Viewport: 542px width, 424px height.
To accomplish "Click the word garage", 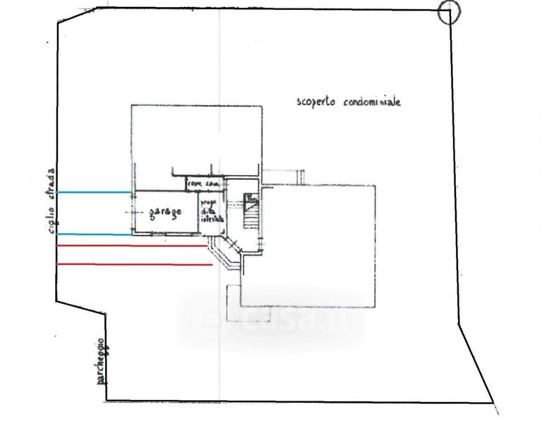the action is pos(165,211).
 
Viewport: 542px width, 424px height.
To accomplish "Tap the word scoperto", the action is pos(318,102).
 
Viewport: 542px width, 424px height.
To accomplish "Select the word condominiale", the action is pos(373,102).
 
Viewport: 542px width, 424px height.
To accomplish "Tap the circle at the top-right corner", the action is pos(449,12).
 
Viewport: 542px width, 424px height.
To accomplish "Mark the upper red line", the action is pos(134,246).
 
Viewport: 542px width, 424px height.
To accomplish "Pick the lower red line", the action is pos(134,264).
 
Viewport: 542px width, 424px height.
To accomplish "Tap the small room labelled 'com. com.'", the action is pos(203,184).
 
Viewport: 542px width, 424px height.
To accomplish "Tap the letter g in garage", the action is pos(150,212).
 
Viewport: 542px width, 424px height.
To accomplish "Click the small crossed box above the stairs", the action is pos(249,198).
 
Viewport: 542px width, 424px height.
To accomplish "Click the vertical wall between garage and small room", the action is pos(198,211).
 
